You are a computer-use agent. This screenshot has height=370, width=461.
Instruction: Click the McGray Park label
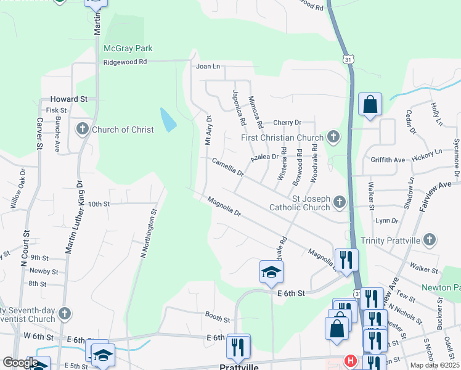point(128,48)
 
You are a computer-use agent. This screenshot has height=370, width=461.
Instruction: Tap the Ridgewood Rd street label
point(125,62)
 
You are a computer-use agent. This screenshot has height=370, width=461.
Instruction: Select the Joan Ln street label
point(208,66)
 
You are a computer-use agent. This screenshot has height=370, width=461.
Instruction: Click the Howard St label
point(69,99)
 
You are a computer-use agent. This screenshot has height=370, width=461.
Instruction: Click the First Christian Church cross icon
point(333,137)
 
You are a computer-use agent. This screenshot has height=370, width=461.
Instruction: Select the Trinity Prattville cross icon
point(430,239)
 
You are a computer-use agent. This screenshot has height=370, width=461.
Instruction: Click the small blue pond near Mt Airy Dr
point(168,120)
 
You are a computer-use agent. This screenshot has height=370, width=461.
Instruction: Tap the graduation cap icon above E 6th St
point(271,272)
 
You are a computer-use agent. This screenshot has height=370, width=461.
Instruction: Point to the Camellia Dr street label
point(228,168)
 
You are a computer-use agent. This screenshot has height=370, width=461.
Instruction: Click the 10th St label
point(98,203)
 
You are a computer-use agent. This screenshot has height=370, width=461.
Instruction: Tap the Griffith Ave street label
point(388,160)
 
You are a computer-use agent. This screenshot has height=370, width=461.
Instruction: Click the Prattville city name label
point(238,366)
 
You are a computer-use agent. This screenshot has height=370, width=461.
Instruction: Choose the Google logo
point(20,362)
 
